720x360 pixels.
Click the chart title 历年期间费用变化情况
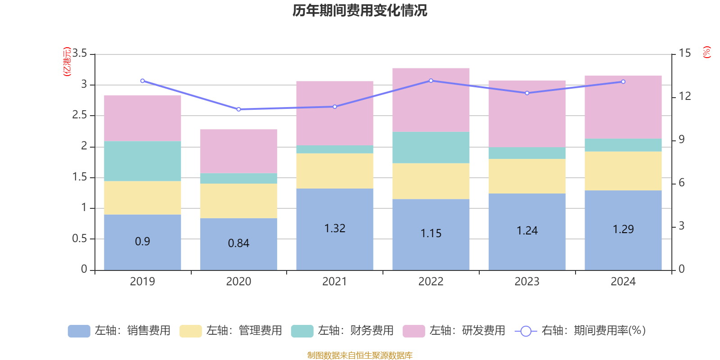360,10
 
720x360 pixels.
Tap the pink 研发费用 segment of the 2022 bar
431,100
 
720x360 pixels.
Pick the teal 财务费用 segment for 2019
142,161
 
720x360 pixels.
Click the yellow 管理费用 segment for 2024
623,171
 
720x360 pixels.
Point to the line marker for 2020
238,109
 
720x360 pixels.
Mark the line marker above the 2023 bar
527,93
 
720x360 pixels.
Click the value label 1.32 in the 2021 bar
335,229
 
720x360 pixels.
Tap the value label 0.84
238,243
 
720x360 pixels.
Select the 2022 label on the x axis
431,282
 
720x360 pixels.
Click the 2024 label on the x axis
623,282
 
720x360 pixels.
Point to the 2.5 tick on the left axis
80,115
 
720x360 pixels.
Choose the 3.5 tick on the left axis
80,54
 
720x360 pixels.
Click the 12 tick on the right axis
685,96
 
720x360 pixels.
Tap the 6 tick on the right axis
682,183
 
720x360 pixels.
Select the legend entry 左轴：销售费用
119,331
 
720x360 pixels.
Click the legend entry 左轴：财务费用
342,331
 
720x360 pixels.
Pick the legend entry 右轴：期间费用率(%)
580,331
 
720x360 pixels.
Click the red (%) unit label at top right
707,52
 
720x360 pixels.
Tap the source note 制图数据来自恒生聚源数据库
360,355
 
